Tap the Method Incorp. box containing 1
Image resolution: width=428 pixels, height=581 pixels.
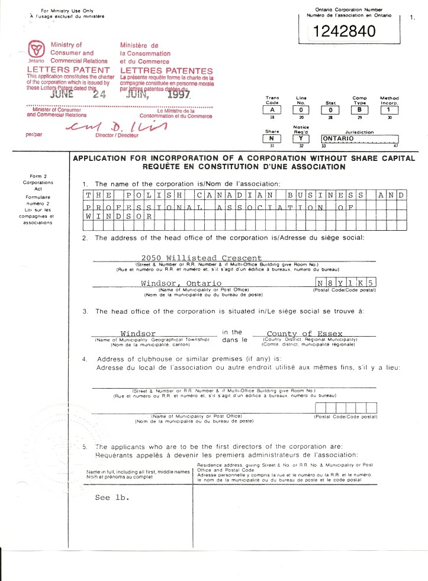(x=389, y=109)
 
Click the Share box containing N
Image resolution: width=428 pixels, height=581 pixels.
(x=271, y=139)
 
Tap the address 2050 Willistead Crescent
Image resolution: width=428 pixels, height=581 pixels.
(x=198, y=258)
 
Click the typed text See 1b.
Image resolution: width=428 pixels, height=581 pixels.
(x=112, y=498)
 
